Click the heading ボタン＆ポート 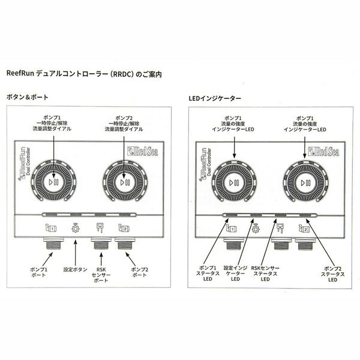click(27, 97)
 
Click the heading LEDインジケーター click(215, 97)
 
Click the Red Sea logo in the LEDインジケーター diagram click(323, 151)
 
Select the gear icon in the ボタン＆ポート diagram click(76, 229)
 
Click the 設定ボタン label click(76, 269)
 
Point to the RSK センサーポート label click(100, 274)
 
